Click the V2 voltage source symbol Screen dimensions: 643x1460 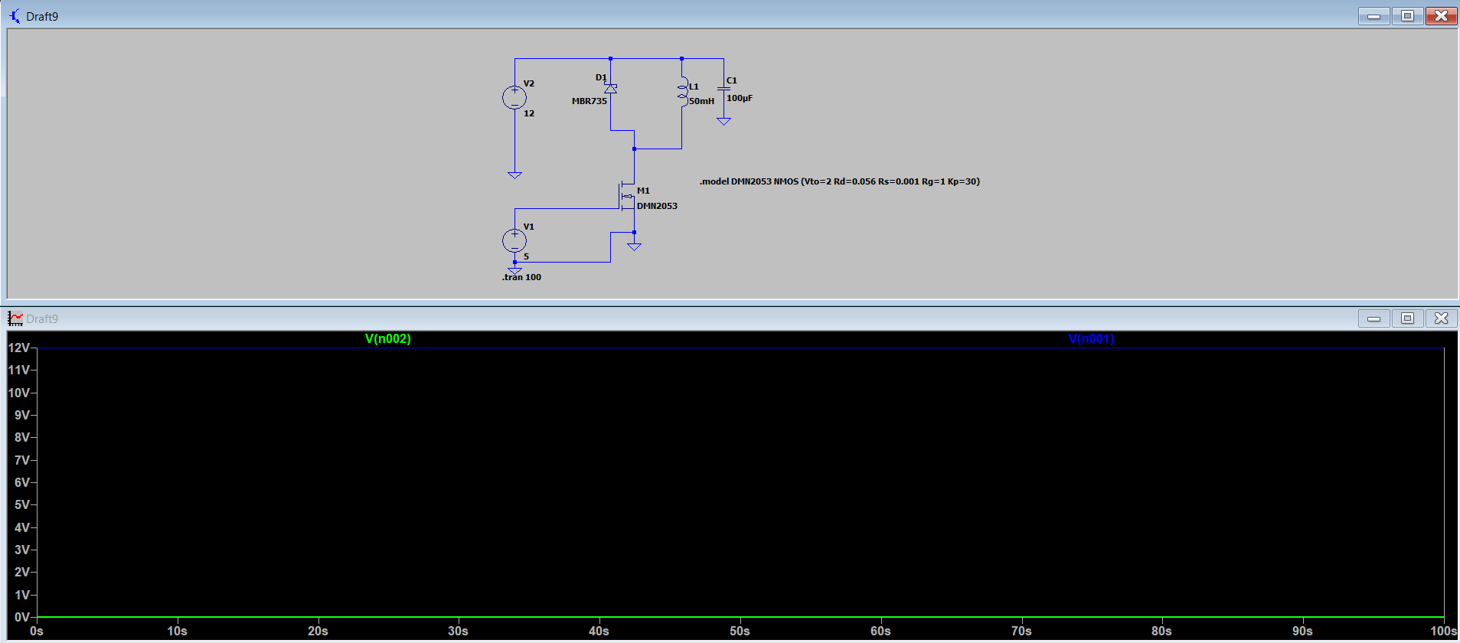pyautogui.click(x=514, y=97)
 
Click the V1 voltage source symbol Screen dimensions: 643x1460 pyautogui.click(x=514, y=240)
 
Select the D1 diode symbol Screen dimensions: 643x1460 pyautogui.click(x=610, y=89)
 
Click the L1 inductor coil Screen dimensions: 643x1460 pyautogui.click(x=682, y=93)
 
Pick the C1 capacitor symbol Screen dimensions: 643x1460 pyautogui.click(x=723, y=90)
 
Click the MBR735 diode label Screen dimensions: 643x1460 pyautogui.click(x=589, y=101)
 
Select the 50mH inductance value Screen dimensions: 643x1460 pyautogui.click(x=701, y=101)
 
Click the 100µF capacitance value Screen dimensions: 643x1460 pyautogui.click(x=740, y=98)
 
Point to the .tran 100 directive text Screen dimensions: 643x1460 pyautogui.click(x=521, y=277)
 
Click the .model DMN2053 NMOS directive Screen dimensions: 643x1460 pyautogui.click(x=839, y=181)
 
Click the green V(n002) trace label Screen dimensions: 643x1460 pyautogui.click(x=388, y=338)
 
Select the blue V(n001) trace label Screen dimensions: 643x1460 pyautogui.click(x=1091, y=338)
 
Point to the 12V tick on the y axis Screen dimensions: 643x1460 pyautogui.click(x=19, y=348)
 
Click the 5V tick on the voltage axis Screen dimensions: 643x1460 pyautogui.click(x=22, y=504)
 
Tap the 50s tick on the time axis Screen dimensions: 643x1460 pyautogui.click(x=740, y=631)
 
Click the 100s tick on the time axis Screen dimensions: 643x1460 pyautogui.click(x=1443, y=631)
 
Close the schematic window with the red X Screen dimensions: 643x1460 pyautogui.click(x=1441, y=16)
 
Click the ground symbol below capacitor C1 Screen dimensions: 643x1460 pyautogui.click(x=723, y=121)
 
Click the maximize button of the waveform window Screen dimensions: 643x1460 pyautogui.click(x=1407, y=318)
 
